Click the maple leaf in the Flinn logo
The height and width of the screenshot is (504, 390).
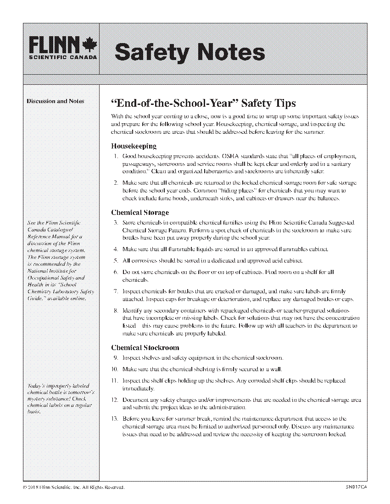pos(90,45)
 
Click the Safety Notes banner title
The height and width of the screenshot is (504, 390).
pos(189,52)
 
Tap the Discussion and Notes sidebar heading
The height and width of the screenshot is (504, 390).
pos(56,101)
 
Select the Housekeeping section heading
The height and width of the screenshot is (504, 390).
pos(134,146)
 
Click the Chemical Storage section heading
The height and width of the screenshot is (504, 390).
pos(140,213)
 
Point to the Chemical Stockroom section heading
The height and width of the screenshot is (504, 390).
pos(145,348)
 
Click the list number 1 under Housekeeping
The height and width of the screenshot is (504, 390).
pos(116,156)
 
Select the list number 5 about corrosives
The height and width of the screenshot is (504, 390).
pos(116,261)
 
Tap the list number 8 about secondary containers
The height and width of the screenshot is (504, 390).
pos(116,311)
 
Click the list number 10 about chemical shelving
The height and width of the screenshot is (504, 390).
pos(114,369)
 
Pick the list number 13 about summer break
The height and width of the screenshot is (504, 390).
pos(114,419)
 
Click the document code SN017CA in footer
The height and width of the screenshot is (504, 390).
pos(357,487)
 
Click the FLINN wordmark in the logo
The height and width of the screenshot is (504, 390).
pos(55,45)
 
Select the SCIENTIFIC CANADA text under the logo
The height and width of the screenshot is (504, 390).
pos(63,58)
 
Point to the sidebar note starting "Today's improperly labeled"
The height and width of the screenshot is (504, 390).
pos(61,399)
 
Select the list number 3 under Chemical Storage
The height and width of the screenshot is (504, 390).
pos(116,223)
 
